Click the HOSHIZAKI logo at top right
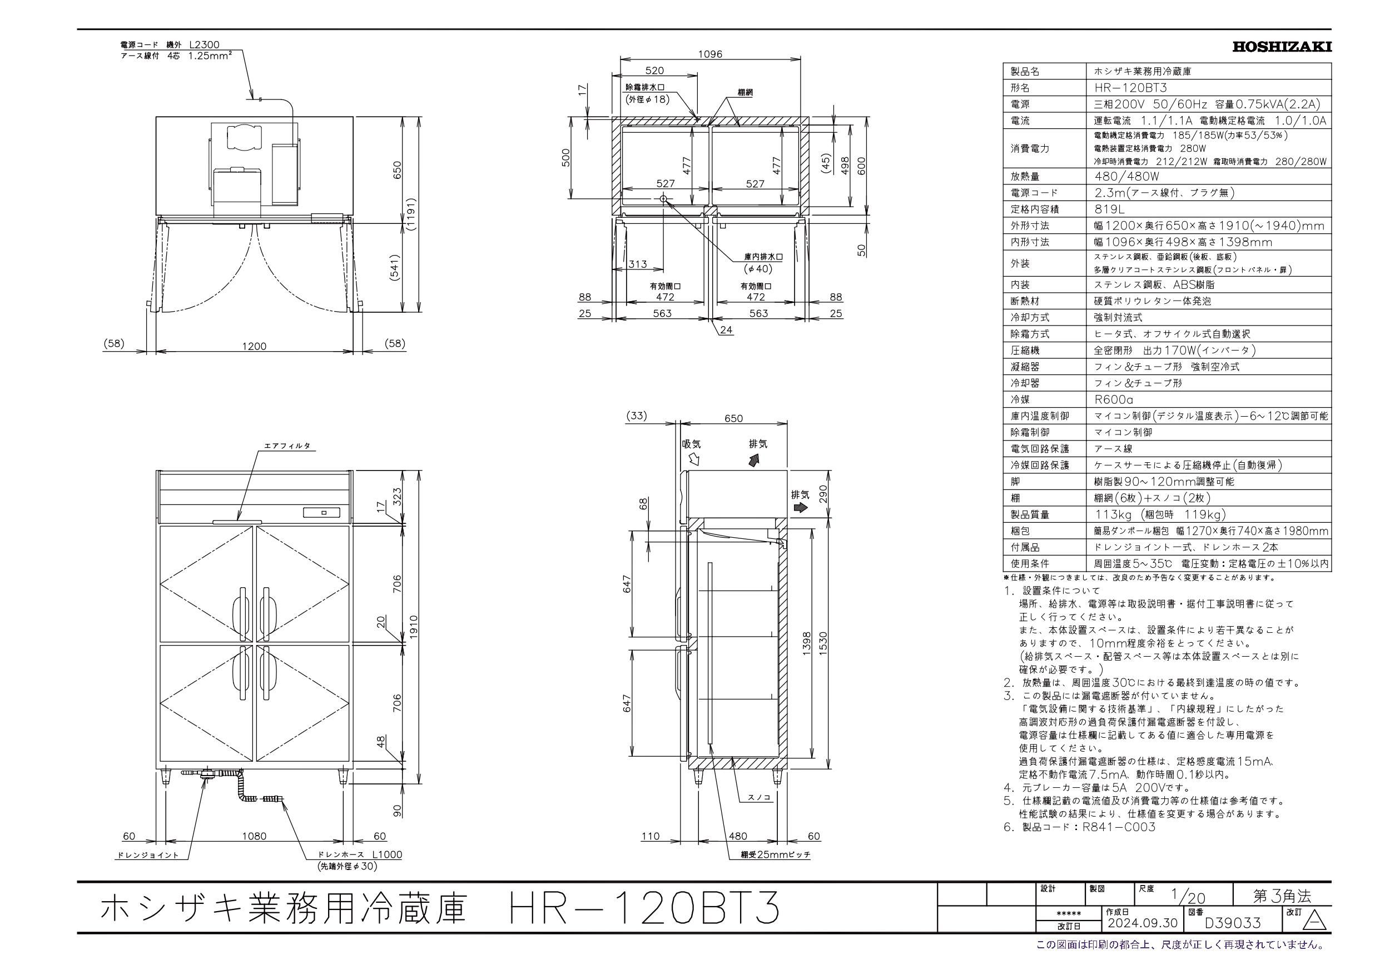click(1282, 47)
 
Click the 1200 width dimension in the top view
click(254, 346)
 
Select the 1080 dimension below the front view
click(254, 836)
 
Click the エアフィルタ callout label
click(287, 446)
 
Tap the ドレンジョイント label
click(148, 855)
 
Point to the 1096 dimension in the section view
click(710, 54)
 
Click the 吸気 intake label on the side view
click(691, 444)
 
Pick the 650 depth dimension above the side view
click(733, 419)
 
